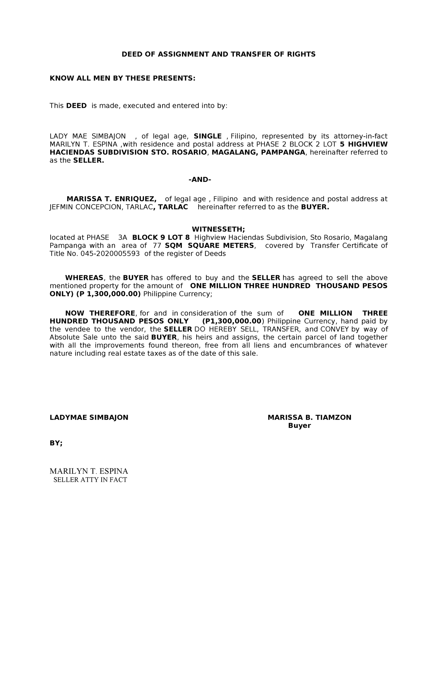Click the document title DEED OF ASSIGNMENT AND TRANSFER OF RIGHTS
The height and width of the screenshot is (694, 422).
click(218, 54)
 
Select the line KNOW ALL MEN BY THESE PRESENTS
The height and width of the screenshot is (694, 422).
click(122, 78)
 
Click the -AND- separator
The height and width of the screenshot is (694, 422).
click(200, 180)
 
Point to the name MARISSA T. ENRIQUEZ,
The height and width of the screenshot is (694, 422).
click(111, 199)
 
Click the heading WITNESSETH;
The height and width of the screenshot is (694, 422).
click(218, 229)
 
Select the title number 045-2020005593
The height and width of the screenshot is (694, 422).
click(110, 254)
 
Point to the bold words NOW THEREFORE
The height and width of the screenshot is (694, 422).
click(100, 313)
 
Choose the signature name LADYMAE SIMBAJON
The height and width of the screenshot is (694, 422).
click(89, 417)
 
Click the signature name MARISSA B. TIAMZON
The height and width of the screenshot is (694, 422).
click(309, 417)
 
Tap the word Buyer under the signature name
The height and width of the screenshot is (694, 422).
click(299, 426)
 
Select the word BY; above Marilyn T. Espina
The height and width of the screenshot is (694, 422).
click(56, 443)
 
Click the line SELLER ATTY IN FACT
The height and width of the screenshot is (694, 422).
click(90, 480)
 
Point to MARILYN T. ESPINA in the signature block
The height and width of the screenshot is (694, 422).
click(89, 471)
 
